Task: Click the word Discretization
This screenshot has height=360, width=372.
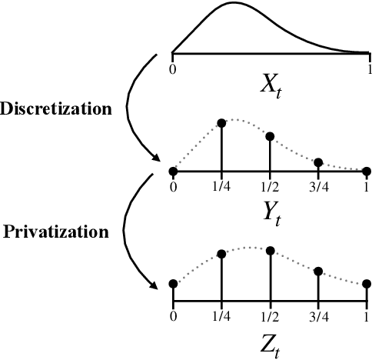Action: click(x=56, y=108)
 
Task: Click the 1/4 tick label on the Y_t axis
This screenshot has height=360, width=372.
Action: click(x=221, y=185)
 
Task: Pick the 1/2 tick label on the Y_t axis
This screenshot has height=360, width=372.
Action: click(x=270, y=185)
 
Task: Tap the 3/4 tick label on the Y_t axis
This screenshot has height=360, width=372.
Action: click(x=318, y=185)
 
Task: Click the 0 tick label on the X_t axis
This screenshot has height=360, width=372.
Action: click(x=174, y=68)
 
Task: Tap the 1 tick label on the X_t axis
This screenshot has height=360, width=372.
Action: click(x=367, y=68)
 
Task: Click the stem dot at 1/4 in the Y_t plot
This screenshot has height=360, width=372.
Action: click(x=221, y=123)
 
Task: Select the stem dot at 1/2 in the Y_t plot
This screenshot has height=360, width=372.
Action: click(x=270, y=137)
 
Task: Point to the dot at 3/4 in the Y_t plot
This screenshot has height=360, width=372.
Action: click(x=319, y=162)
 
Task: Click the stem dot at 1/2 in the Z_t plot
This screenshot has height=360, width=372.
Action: click(x=270, y=249)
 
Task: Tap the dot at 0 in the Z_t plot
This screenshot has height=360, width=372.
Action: click(x=173, y=283)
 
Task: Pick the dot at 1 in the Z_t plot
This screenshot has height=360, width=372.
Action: click(x=367, y=283)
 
